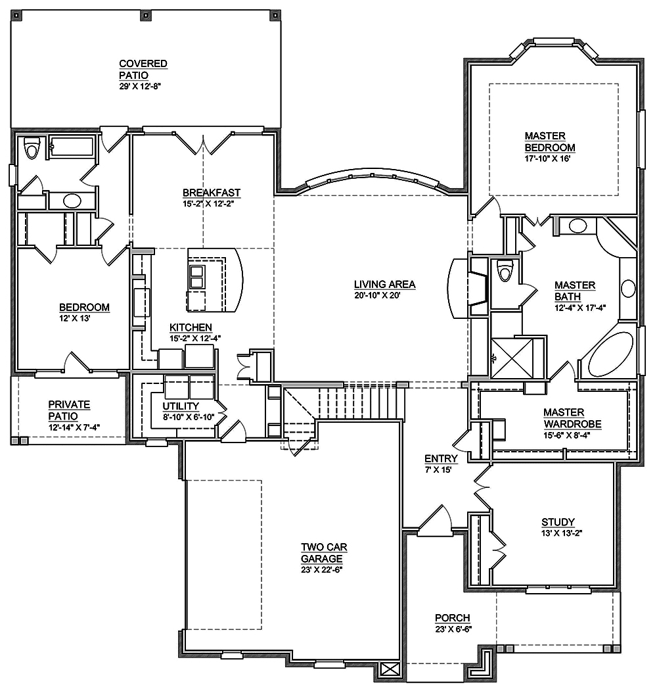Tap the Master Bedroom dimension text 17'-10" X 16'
[x=549, y=158]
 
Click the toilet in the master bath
[x=505, y=270]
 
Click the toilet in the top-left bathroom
[x=30, y=149]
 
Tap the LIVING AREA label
[x=384, y=285]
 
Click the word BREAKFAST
[x=211, y=193]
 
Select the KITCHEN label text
[x=191, y=327]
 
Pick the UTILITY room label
[x=180, y=406]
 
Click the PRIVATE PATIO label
[x=69, y=410]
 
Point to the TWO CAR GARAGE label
[x=322, y=552]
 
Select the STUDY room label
[x=558, y=522]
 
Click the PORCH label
[x=452, y=618]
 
